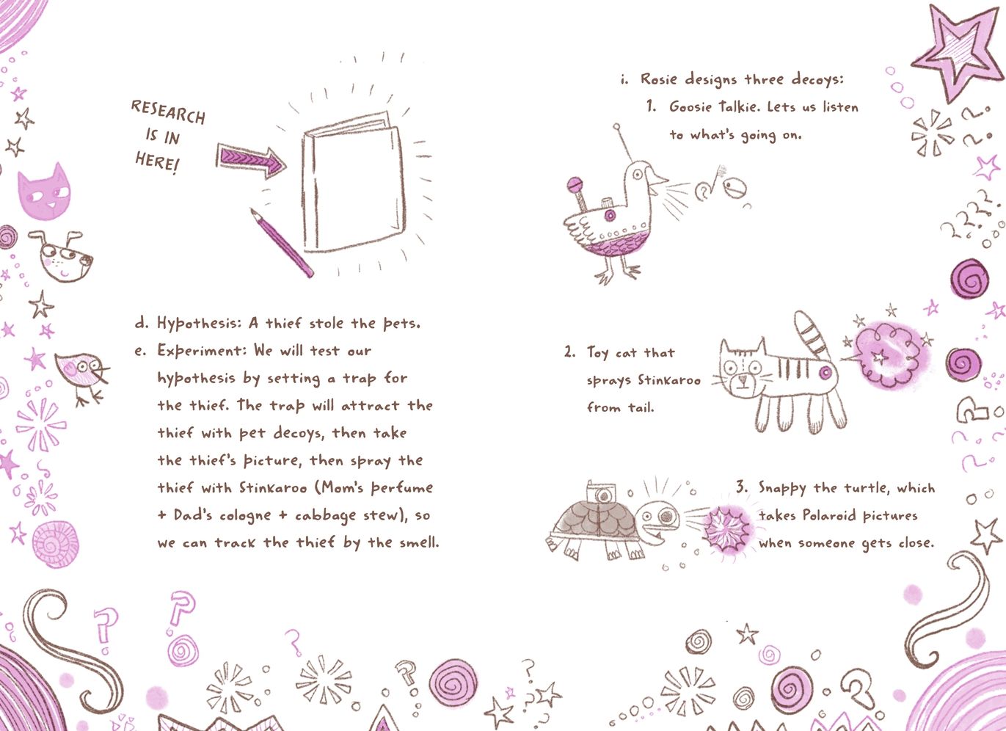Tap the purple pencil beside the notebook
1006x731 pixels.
pyautogui.click(x=282, y=243)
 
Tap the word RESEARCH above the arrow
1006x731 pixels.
pyautogui.click(x=169, y=112)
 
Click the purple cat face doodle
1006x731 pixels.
pyautogui.click(x=44, y=192)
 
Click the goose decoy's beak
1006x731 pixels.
pyautogui.click(x=657, y=179)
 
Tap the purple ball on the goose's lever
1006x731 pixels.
pyautogui.click(x=575, y=184)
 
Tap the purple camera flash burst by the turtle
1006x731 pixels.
pyautogui.click(x=726, y=528)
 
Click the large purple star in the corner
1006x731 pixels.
pyautogui.click(x=958, y=53)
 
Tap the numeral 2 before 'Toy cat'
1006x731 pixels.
pyautogui.click(x=569, y=352)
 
